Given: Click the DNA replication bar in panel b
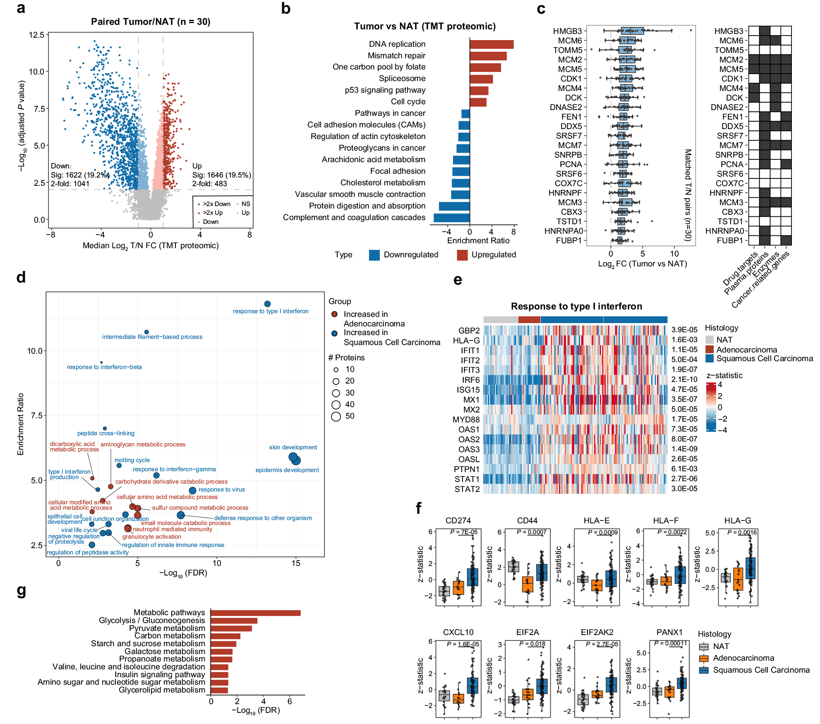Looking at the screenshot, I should click(491, 44).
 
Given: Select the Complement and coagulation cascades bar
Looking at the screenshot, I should click(451, 218).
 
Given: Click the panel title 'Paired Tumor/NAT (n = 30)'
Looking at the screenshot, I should click(151, 22).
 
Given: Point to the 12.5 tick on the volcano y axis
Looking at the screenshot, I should click(36, 35).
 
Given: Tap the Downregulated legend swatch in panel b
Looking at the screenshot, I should click(374, 255).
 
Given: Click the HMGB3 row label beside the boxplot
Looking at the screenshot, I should click(567, 31).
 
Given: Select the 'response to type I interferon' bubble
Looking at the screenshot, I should click(267, 304).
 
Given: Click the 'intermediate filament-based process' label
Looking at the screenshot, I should click(152, 337).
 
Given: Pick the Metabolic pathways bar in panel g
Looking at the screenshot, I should click(255, 613).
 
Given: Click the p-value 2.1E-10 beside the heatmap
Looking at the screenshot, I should click(684, 379).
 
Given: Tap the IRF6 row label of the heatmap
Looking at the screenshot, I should click(470, 380).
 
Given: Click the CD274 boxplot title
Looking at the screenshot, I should click(458, 520).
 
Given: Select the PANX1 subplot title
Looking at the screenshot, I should click(669, 632).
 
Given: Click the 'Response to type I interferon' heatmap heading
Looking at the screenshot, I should click(576, 306).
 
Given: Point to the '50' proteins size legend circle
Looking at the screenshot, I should click(336, 416).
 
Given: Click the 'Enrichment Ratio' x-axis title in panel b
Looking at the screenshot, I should click(478, 241).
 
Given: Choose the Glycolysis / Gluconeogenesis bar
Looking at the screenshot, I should click(234, 621).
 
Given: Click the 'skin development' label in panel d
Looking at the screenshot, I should click(293, 447).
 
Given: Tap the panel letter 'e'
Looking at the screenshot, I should click(458, 280).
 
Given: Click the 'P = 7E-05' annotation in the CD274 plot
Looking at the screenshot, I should click(463, 532).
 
